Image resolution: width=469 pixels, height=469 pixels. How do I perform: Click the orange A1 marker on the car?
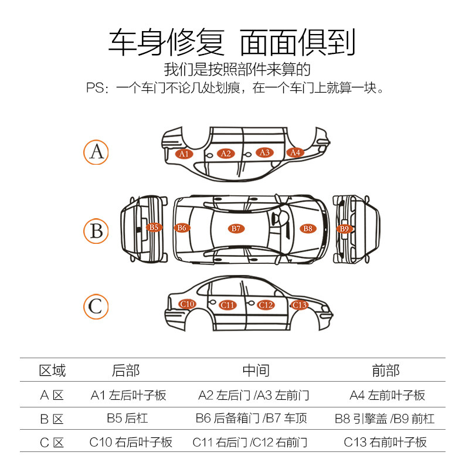click(185, 154)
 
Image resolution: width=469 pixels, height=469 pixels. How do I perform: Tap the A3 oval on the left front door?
click(264, 152)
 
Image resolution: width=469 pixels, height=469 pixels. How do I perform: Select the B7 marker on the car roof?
click(236, 228)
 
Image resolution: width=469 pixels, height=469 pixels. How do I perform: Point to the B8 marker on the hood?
click(308, 228)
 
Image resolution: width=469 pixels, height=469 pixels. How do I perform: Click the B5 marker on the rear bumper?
click(154, 227)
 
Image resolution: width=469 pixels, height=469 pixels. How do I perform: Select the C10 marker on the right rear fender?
click(187, 304)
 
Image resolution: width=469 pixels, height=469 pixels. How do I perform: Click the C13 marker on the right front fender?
click(299, 305)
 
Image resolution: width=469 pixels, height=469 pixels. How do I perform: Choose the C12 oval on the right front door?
click(266, 305)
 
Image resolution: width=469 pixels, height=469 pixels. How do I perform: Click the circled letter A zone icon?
click(96, 152)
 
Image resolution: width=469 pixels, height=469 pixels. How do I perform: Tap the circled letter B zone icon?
click(96, 230)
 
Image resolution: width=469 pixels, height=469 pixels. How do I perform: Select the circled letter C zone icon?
click(96, 306)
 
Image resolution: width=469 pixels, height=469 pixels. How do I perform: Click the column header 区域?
click(52, 371)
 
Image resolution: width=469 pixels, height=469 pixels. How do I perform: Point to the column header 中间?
click(256, 371)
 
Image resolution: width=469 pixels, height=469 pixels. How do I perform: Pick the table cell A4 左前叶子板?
click(387, 395)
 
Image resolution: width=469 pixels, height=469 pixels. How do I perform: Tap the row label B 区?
click(52, 419)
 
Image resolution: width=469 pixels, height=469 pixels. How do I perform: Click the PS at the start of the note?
click(95, 89)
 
